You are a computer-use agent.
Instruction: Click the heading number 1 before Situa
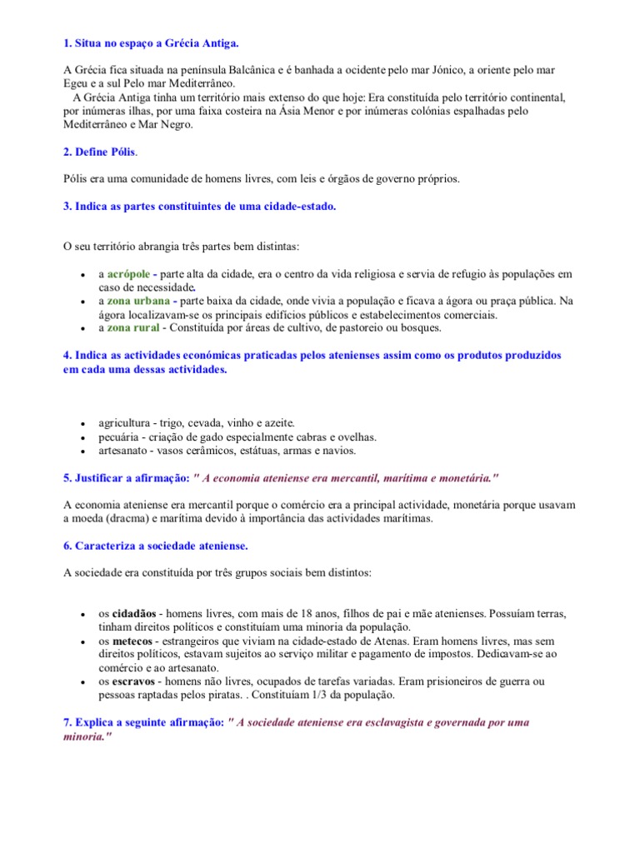pos(67,42)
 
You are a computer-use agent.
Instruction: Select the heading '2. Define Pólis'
pos(99,152)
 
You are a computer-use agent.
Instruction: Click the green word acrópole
pos(129,274)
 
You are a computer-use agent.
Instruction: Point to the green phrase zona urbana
pos(139,301)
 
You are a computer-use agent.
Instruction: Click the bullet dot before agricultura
pos(82,425)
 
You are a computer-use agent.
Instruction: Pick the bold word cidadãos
pos(137,614)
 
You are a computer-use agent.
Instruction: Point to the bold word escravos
pos(133,682)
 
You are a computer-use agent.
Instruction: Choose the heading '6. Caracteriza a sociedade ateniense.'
pos(156,546)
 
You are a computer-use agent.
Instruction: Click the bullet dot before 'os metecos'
pos(82,643)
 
